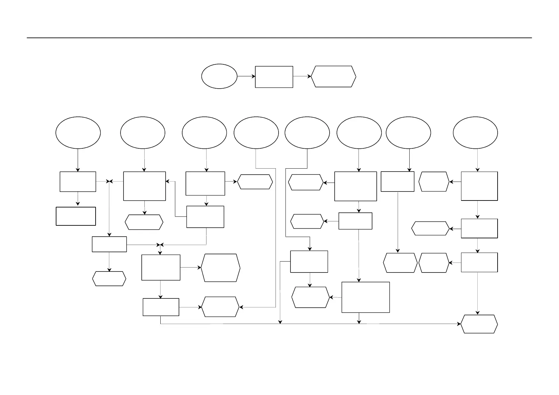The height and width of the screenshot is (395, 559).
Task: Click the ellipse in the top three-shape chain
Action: click(219, 76)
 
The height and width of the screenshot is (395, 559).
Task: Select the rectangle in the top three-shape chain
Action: click(274, 77)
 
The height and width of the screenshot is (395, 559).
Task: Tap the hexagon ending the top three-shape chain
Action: click(334, 76)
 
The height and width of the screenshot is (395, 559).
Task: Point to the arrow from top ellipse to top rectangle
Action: click(246, 76)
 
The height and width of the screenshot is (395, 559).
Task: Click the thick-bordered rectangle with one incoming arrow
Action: click(76, 216)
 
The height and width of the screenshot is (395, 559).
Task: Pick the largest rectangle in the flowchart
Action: click(365, 297)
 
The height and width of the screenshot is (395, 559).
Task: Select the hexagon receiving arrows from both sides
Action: click(220, 307)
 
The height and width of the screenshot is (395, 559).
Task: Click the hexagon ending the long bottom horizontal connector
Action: click(479, 324)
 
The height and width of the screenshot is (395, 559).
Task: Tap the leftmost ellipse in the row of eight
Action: click(78, 132)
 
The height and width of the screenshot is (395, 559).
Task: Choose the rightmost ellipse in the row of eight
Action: click(475, 132)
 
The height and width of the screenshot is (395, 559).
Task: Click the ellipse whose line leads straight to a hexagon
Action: click(256, 132)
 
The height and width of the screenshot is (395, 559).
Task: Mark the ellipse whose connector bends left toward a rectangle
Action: click(307, 132)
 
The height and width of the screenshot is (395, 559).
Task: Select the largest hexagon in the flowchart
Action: click(220, 268)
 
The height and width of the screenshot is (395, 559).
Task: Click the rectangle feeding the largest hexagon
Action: click(161, 268)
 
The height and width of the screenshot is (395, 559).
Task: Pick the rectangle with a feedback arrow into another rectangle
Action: click(205, 217)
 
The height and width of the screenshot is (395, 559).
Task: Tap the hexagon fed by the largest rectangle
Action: click(310, 297)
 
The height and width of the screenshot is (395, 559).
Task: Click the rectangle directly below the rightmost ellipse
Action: click(479, 186)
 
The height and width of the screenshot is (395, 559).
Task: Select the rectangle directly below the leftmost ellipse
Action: click(78, 182)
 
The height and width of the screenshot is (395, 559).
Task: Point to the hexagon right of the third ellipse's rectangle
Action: click(255, 182)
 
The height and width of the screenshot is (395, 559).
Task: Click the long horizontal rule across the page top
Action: click(279, 38)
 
